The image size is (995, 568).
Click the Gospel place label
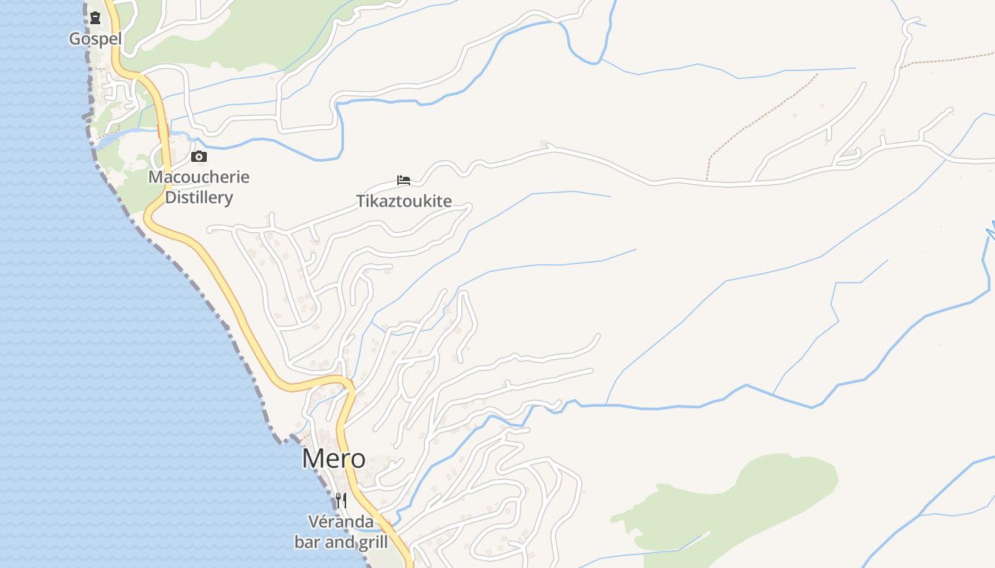point(95,38)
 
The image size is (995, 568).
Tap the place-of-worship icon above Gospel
point(95,17)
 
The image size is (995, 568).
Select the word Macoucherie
point(199,177)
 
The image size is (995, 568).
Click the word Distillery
point(199,197)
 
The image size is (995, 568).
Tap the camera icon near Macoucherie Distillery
point(199,157)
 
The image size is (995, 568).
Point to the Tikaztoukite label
point(404,201)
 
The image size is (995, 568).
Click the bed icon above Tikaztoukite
point(404,180)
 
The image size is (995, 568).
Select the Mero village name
point(333,459)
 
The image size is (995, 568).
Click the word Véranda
point(340,522)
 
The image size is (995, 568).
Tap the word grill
point(372,542)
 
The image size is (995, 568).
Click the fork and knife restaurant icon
point(341,500)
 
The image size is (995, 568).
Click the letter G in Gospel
point(75,38)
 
